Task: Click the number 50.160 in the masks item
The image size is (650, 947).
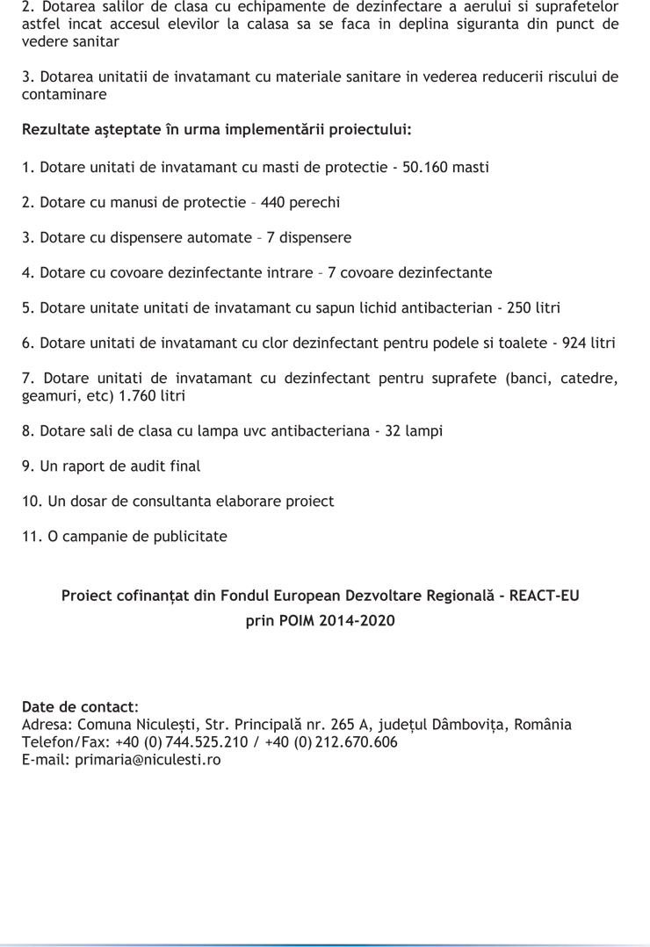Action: [426, 166]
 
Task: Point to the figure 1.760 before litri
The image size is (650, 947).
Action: [131, 395]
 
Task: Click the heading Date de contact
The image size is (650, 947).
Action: [78, 707]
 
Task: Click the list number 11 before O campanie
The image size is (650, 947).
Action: [29, 537]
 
